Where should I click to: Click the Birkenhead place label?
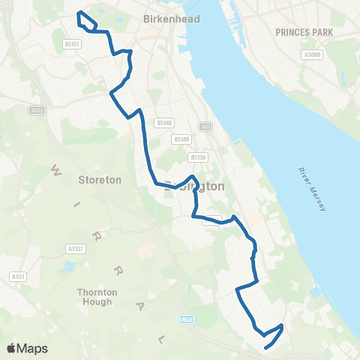coord(172,19)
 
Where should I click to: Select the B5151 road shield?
coord(93,44)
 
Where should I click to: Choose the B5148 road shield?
coord(164,122)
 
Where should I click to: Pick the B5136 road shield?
coord(197,157)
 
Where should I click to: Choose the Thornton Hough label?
coord(94,297)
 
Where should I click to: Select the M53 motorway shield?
coord(187,319)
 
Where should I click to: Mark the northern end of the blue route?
coord(79,13)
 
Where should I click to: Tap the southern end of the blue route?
coord(266,346)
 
